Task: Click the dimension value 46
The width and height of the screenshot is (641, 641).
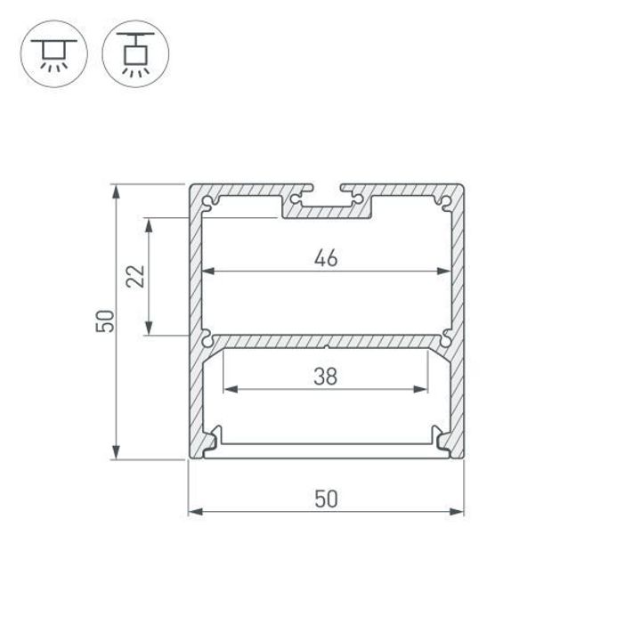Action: tap(326, 258)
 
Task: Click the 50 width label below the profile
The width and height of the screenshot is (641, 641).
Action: tap(326, 499)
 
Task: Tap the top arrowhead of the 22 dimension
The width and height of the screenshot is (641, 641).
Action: tap(149, 223)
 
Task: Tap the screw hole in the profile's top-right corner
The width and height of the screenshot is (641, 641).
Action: tap(443, 201)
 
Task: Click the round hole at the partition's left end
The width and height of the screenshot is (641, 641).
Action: tap(207, 339)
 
